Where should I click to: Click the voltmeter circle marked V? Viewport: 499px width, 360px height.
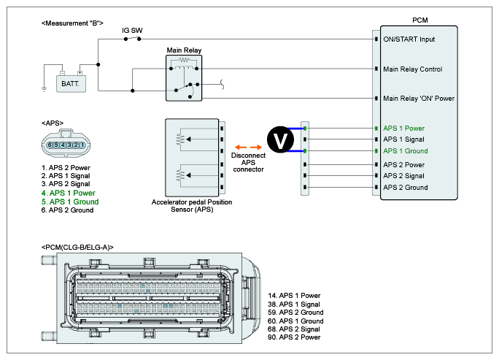click(x=280, y=139)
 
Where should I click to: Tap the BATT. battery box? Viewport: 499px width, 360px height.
click(x=71, y=84)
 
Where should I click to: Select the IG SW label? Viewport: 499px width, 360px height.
click(x=132, y=31)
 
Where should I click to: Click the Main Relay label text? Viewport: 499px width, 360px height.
click(x=184, y=50)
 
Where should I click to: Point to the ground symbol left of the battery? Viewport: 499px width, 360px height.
click(x=45, y=89)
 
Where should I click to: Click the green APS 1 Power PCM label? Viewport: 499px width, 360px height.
click(x=403, y=129)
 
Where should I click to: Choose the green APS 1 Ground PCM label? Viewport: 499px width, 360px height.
click(x=406, y=151)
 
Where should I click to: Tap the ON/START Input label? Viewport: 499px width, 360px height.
click(x=409, y=39)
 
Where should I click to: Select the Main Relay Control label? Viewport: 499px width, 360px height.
click(x=413, y=69)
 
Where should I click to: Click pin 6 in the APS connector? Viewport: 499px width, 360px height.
click(x=50, y=145)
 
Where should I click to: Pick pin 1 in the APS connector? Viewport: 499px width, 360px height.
click(x=82, y=145)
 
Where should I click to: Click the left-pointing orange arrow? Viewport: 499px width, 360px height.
click(x=241, y=148)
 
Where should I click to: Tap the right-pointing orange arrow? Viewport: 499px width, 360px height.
click(x=256, y=148)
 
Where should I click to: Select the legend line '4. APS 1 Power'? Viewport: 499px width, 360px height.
click(x=68, y=193)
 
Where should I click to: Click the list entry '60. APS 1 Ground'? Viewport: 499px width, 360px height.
click(x=295, y=321)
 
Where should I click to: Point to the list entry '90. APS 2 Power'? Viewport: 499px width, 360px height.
click(x=294, y=337)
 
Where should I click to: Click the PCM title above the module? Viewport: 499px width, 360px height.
click(x=420, y=20)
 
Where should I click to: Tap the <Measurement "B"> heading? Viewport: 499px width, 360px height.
click(x=72, y=23)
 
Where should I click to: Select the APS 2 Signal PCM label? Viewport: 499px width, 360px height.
click(x=403, y=176)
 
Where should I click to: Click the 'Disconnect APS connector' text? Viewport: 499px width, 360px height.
click(x=249, y=163)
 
